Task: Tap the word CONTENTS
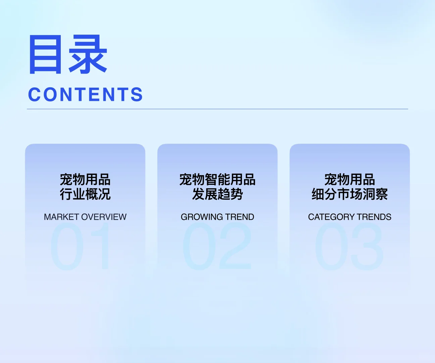tap(86, 94)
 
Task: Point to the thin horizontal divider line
tap(217, 109)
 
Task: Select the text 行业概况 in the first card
tap(85, 194)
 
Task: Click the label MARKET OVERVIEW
tap(85, 217)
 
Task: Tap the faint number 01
tap(81, 246)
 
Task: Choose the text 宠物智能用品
tap(217, 179)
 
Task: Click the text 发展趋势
tap(217, 194)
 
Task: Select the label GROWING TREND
tap(217, 217)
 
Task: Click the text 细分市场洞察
tap(350, 194)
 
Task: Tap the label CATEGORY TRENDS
tap(350, 217)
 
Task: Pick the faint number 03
tap(349, 246)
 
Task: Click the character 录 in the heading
tap(88, 54)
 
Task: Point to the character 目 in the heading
tap(46, 54)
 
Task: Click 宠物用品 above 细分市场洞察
tap(350, 179)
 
